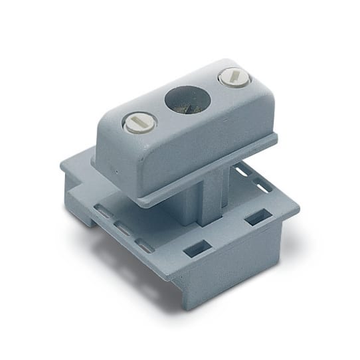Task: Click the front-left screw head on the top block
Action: [x=140, y=123]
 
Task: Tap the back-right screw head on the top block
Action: [x=234, y=78]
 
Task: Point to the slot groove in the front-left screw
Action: [x=140, y=122]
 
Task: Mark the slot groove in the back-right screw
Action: [x=234, y=77]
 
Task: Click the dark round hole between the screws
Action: [x=187, y=100]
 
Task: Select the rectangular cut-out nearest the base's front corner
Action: [x=197, y=248]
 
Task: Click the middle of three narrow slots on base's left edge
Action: [x=123, y=229]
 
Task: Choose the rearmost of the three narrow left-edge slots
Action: [x=103, y=212]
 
